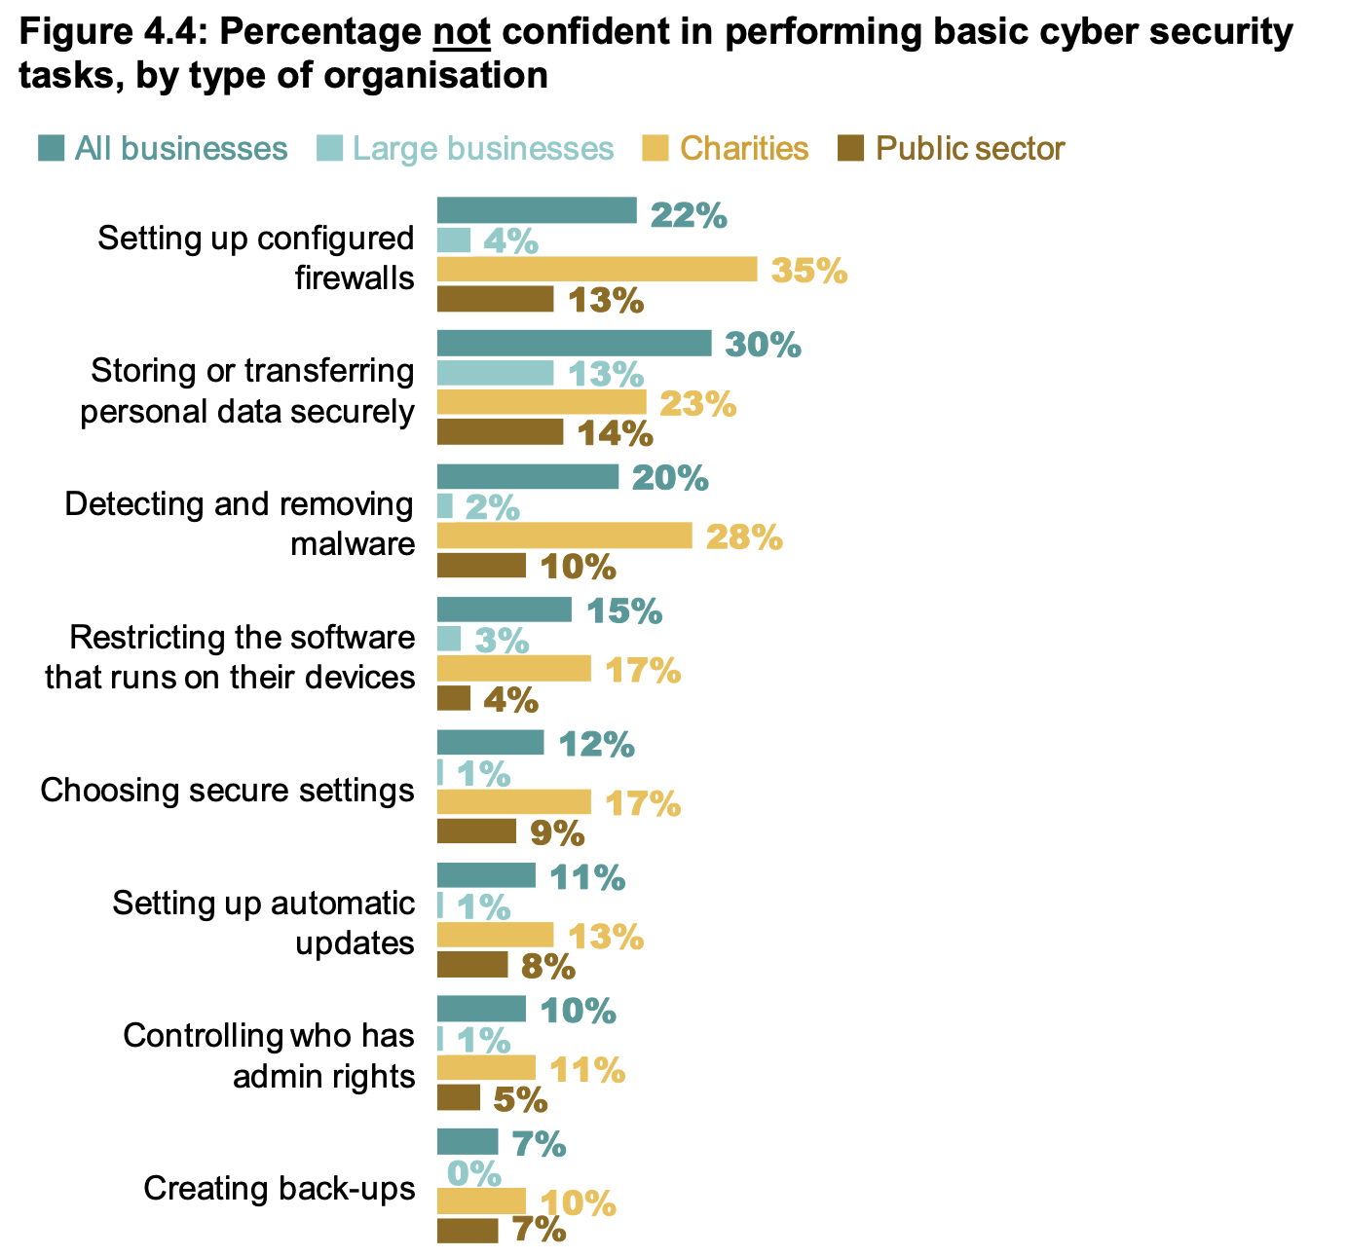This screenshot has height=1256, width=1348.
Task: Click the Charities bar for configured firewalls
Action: [596, 270]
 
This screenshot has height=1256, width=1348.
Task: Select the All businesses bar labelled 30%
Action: [574, 344]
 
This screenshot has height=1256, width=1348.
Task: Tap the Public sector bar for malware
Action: [481, 566]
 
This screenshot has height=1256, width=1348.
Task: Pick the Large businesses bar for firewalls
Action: [454, 240]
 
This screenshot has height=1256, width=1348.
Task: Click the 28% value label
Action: [744, 536]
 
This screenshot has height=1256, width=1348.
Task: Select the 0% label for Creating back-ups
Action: [474, 1173]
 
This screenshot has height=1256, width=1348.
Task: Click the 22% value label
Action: [689, 215]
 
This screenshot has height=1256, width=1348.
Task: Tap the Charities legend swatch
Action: [655, 149]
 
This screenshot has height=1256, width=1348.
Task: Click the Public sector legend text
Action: [970, 149]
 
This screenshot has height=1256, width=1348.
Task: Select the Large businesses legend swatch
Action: [329, 149]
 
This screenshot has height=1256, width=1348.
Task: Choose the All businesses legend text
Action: [181, 149]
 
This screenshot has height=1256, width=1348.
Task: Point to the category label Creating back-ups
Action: [279, 1189]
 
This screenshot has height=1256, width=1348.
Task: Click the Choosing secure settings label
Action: [227, 790]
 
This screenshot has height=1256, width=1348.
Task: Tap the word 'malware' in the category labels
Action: [353, 543]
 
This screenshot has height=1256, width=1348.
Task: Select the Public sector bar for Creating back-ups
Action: [468, 1232]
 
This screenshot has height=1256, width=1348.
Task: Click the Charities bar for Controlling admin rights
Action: [486, 1068]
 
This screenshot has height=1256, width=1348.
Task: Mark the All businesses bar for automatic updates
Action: [486, 875]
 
